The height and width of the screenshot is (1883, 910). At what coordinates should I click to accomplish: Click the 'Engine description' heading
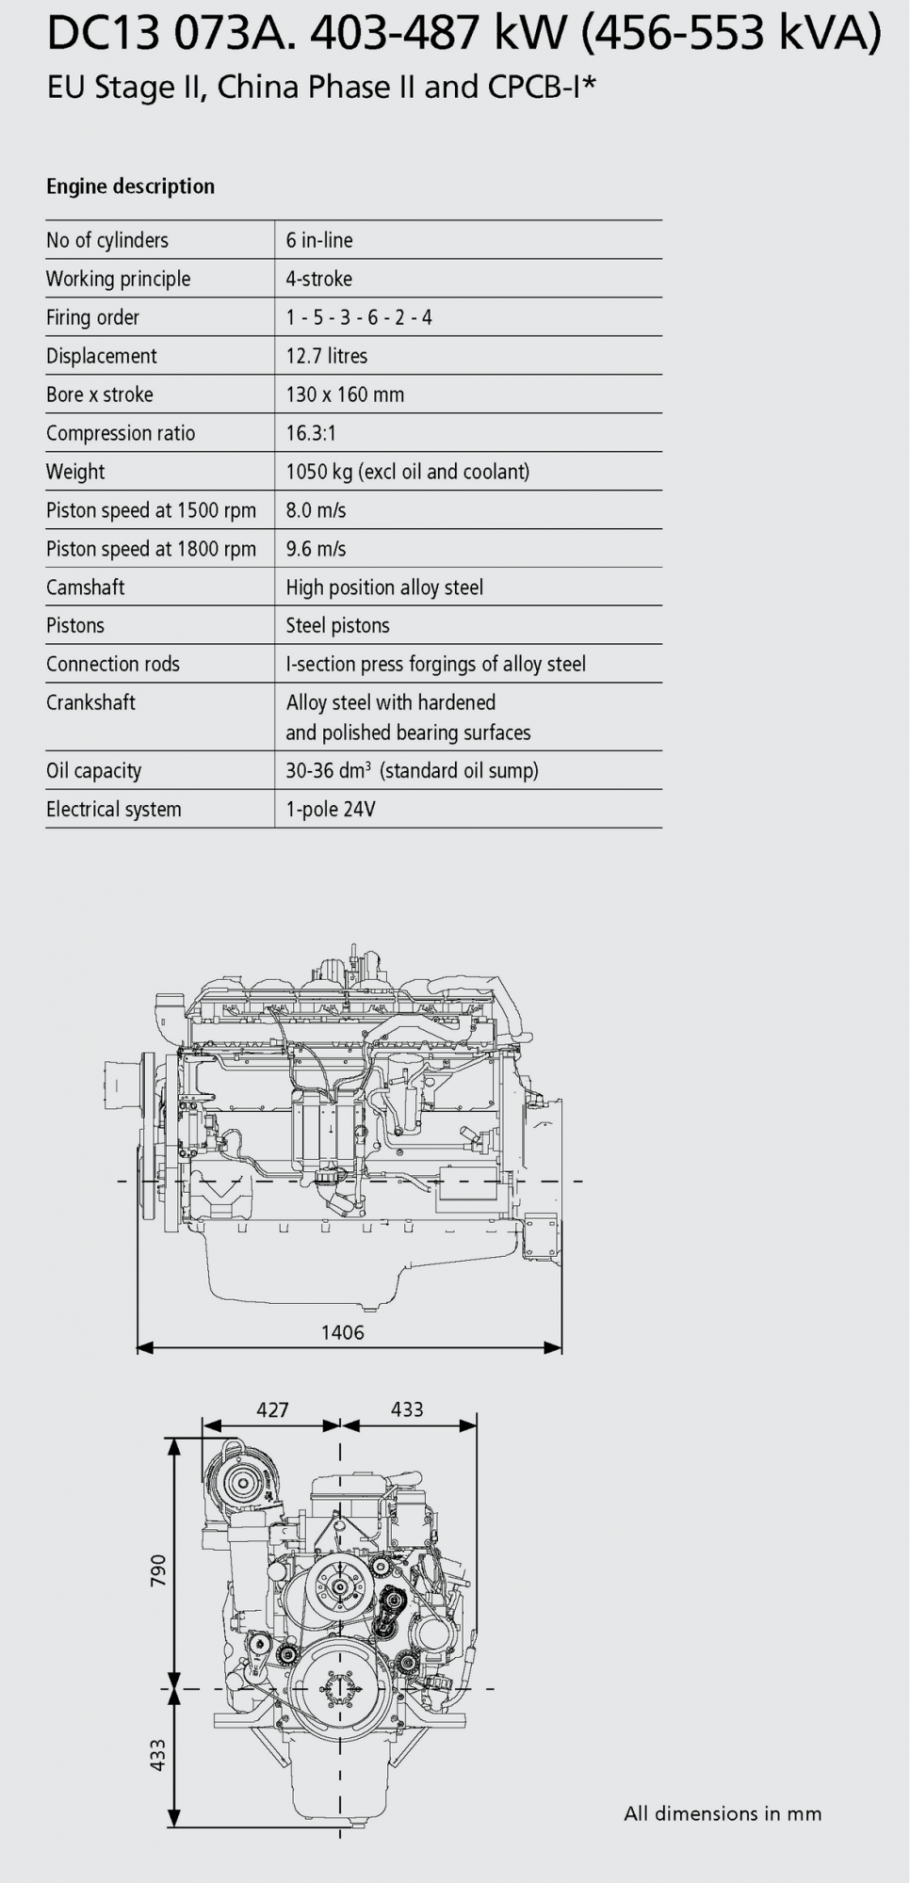(x=130, y=186)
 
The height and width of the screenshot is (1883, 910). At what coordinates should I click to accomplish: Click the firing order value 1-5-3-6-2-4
(x=359, y=317)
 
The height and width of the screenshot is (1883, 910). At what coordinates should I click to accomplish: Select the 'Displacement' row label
(x=102, y=356)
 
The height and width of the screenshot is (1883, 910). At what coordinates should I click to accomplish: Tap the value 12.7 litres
(x=327, y=356)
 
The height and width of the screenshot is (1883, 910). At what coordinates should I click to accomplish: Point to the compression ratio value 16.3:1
(x=311, y=433)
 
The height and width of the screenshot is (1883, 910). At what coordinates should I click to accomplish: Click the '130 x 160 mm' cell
(x=345, y=394)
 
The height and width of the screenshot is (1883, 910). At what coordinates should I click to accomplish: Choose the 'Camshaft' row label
(x=86, y=587)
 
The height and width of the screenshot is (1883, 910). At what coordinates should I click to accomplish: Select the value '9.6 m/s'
(x=316, y=549)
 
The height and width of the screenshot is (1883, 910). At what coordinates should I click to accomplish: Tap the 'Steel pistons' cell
(x=337, y=625)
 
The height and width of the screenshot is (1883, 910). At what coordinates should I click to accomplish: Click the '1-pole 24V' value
(x=331, y=809)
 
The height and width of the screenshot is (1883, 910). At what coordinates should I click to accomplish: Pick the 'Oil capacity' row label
(x=93, y=770)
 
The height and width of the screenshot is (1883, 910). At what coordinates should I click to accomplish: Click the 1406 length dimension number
(x=342, y=1332)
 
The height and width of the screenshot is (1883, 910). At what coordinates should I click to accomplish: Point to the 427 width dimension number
(x=272, y=1409)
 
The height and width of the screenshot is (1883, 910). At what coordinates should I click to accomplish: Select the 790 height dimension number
(x=158, y=1570)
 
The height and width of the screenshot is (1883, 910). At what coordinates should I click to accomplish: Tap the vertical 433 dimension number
(x=158, y=1755)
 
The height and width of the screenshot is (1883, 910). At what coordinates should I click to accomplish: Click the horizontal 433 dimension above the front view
(x=407, y=1409)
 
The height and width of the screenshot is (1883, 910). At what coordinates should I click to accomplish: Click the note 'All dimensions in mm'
(x=723, y=1814)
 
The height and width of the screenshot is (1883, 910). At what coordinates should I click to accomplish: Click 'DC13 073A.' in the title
(x=171, y=35)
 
